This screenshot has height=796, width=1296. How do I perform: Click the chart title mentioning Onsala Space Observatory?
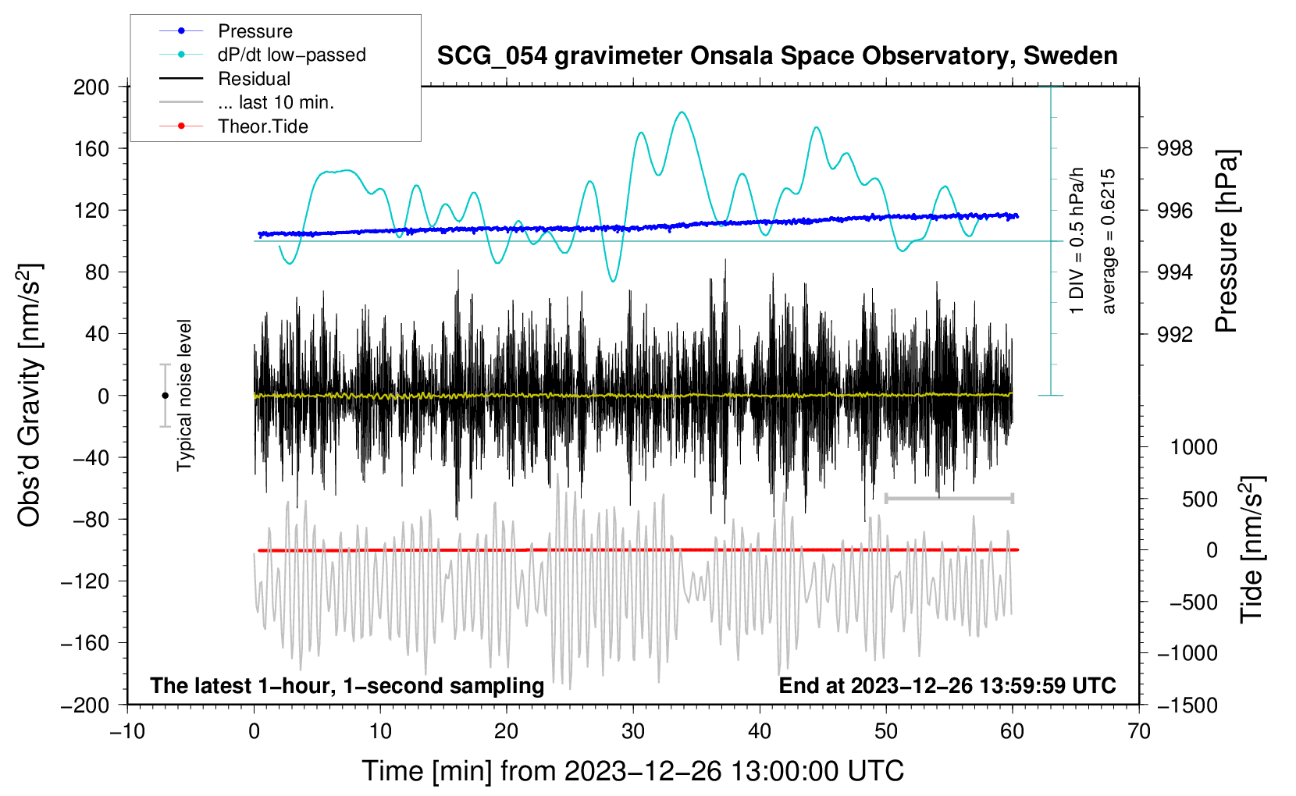(777, 56)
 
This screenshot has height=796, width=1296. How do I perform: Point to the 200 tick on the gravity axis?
(91, 87)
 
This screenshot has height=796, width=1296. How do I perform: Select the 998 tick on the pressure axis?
(1175, 148)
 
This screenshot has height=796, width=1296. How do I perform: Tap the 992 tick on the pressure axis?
(1175, 334)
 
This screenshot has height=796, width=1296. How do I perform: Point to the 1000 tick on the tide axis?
(1193, 447)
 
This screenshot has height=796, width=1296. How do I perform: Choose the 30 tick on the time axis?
(633, 731)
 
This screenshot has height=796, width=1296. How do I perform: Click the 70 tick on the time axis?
(1139, 731)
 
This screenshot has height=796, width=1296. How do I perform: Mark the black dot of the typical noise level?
(165, 396)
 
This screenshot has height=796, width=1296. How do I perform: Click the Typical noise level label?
(184, 396)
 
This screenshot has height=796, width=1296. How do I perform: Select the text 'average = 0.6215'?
(1108, 242)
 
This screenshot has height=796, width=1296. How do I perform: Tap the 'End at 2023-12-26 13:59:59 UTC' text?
(947, 685)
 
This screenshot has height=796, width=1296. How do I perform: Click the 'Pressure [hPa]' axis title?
(1227, 242)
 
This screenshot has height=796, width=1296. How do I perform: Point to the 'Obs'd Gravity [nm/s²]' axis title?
(30, 396)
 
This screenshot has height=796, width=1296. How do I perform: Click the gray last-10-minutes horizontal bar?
(949, 498)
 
